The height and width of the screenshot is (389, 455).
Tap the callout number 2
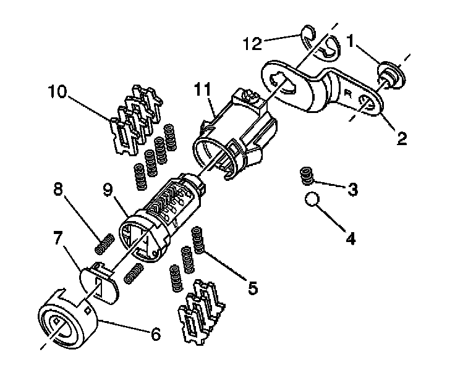(x=402, y=138)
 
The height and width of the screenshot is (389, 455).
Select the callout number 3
(x=352, y=190)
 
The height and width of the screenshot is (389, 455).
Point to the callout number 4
(x=351, y=237)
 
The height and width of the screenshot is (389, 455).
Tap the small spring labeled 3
(x=304, y=176)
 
